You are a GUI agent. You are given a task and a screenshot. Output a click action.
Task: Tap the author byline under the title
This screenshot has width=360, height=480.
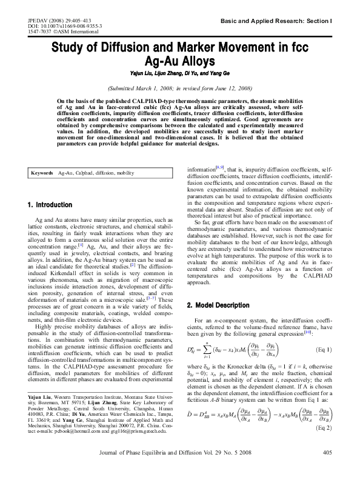[x=180, y=73]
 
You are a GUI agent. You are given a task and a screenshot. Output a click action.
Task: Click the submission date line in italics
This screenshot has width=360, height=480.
[x=179, y=88]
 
